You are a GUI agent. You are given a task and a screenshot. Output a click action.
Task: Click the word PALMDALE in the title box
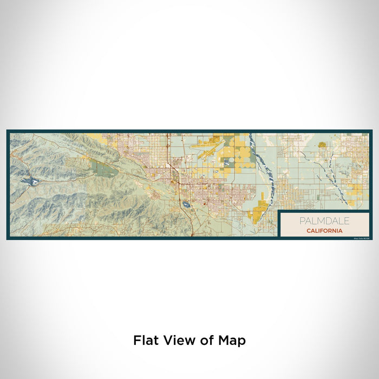point(324,221)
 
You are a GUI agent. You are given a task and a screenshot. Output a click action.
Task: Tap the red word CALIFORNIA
point(324,231)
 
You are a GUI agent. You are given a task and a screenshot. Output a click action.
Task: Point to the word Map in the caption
point(232,341)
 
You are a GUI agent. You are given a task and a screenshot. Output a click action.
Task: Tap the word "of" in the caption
point(205,341)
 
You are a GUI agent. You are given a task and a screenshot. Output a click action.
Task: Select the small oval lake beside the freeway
point(186,205)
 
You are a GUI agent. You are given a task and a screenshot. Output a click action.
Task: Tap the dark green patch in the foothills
point(103,168)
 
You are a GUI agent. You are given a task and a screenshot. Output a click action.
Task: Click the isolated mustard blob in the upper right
point(323,145)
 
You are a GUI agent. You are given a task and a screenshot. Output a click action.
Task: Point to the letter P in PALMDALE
point(302,221)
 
